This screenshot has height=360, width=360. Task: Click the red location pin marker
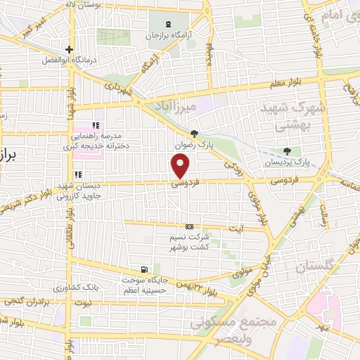click(181, 166)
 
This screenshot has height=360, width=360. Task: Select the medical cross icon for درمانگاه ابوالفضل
click(68, 49)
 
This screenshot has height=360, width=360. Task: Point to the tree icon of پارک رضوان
click(194, 133)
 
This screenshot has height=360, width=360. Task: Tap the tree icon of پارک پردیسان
click(286, 151)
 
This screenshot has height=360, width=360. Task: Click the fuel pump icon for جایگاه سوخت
click(144, 269)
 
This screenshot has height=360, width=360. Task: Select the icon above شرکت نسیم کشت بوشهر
click(188, 226)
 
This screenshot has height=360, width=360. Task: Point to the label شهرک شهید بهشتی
click(285, 116)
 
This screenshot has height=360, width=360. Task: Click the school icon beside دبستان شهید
click(78, 175)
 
